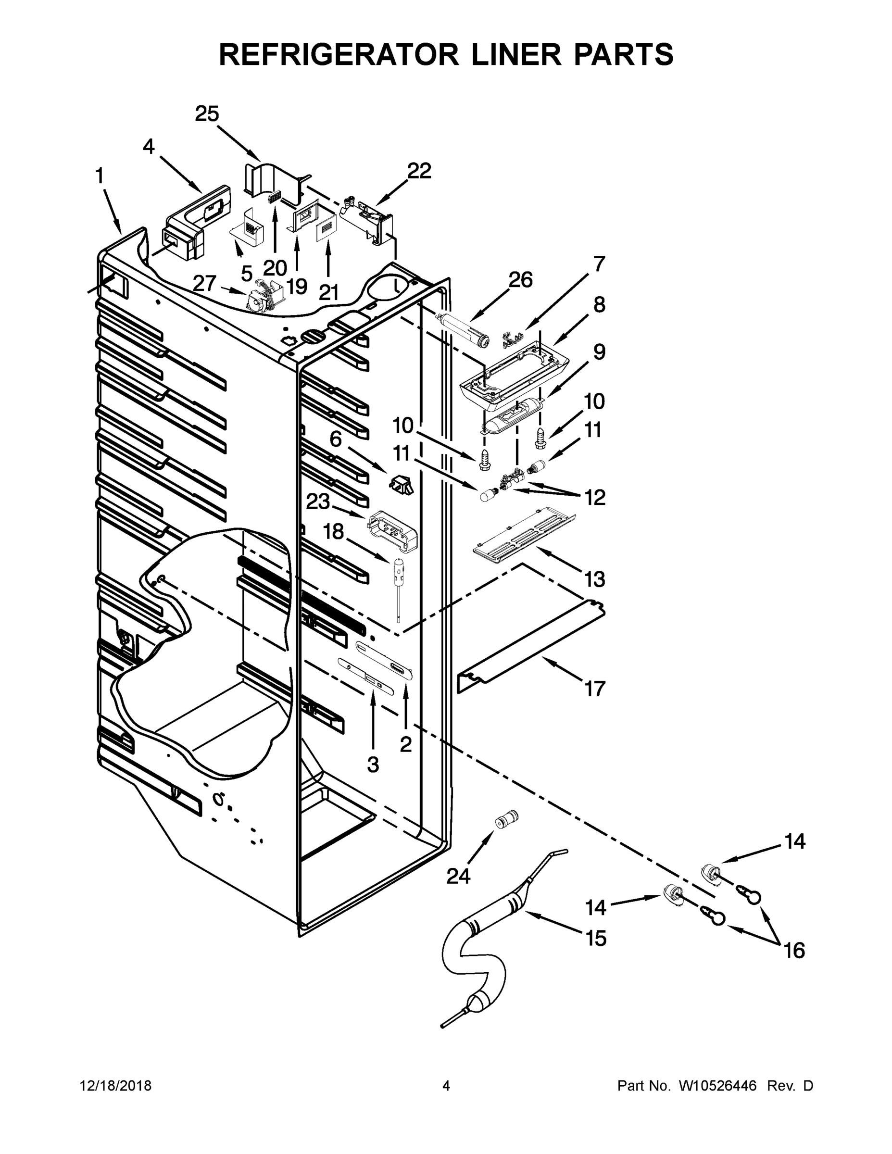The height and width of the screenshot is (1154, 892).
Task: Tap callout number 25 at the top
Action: (207, 113)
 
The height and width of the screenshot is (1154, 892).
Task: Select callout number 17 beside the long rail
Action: (594, 689)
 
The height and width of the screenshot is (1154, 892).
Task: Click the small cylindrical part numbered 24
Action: (506, 822)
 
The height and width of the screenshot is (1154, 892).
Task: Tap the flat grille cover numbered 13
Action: (523, 536)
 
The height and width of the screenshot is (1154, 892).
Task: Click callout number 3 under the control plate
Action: (373, 765)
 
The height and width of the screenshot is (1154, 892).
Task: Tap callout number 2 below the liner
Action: (406, 744)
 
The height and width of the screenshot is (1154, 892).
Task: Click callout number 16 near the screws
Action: (794, 951)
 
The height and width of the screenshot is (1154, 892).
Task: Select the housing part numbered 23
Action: (393, 530)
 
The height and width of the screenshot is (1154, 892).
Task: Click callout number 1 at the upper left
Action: (100, 176)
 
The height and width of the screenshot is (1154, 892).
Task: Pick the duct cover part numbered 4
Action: (196, 222)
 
